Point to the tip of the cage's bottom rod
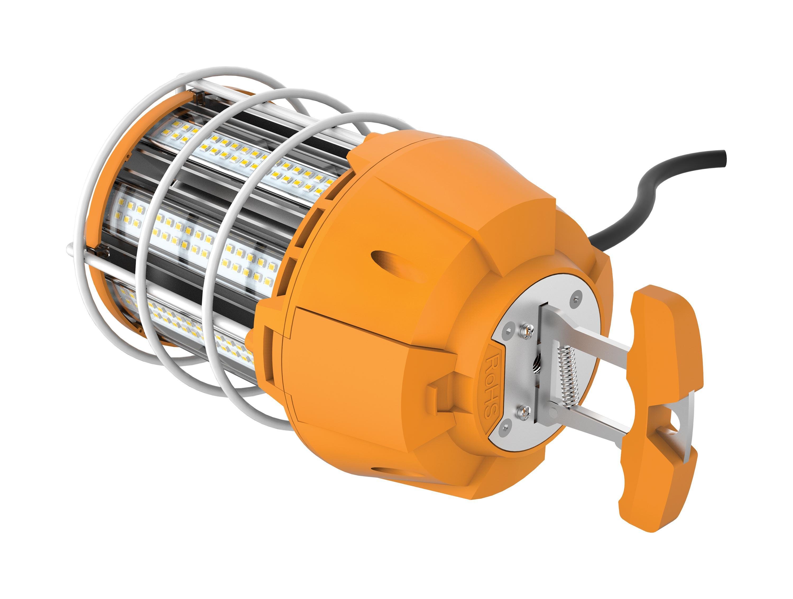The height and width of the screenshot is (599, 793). tap(70, 247)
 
